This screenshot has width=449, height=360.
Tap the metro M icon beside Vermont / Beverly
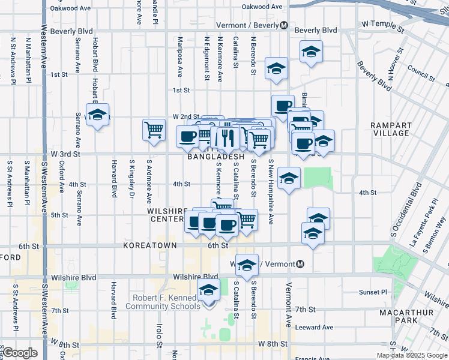(x=284, y=25)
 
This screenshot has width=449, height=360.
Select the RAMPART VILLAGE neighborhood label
(x=391, y=129)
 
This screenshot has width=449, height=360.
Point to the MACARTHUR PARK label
(x=403, y=317)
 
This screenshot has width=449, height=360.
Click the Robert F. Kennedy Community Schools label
(x=163, y=302)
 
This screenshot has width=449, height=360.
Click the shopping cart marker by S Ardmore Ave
(x=154, y=130)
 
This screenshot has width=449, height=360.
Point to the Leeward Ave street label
(x=319, y=327)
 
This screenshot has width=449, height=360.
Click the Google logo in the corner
(x=19, y=353)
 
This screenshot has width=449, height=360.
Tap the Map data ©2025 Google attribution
(x=411, y=355)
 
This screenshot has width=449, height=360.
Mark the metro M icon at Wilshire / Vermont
(x=300, y=264)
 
